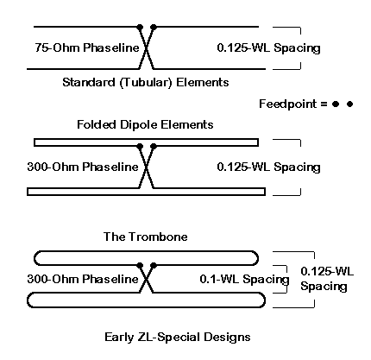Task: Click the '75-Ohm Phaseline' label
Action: (87, 47)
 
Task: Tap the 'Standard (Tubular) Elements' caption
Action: (146, 82)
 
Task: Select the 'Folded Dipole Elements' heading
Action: (145, 124)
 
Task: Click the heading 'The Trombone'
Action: (145, 237)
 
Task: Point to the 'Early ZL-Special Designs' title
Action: (178, 337)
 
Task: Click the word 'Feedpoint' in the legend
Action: (287, 104)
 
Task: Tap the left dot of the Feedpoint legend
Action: (336, 104)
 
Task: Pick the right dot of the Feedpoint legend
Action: (349, 104)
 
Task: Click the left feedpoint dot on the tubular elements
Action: (140, 28)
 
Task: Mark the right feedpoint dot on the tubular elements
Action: (154, 28)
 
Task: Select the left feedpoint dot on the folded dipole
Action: (140, 146)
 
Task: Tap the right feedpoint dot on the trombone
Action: (154, 265)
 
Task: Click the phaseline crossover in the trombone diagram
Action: (147, 279)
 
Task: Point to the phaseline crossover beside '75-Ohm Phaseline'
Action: (147, 48)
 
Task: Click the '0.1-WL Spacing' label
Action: (244, 279)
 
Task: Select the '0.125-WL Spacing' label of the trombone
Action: (327, 279)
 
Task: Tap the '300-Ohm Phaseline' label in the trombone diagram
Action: (83, 279)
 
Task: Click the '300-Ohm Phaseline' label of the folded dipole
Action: (83, 167)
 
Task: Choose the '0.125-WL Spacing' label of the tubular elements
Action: (268, 47)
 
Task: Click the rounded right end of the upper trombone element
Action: (258, 258)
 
